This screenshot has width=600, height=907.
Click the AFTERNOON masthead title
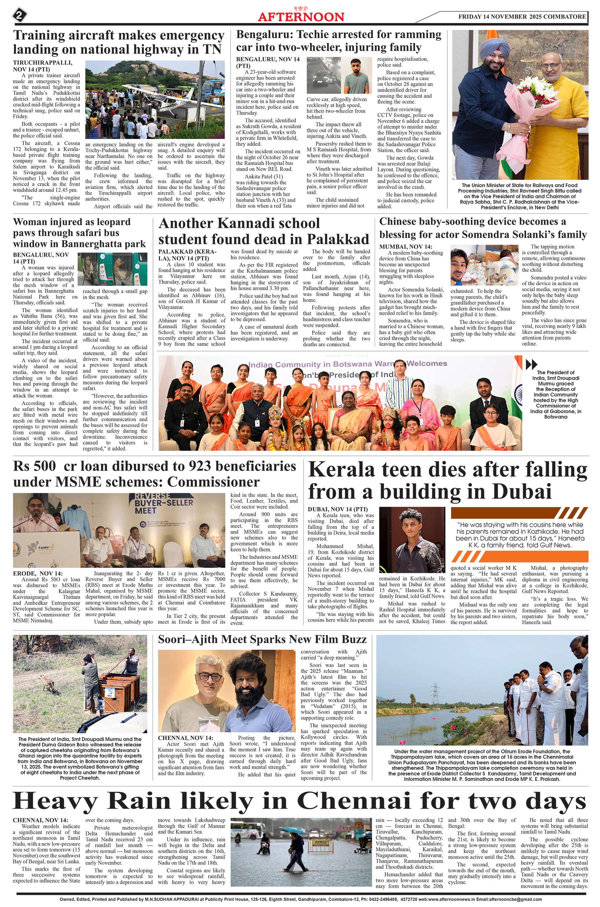(x=301, y=17)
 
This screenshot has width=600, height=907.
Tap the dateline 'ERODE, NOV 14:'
(x=37, y=573)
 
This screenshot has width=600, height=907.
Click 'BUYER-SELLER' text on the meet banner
(x=164, y=503)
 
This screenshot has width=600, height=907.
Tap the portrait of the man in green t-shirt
(x=357, y=76)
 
